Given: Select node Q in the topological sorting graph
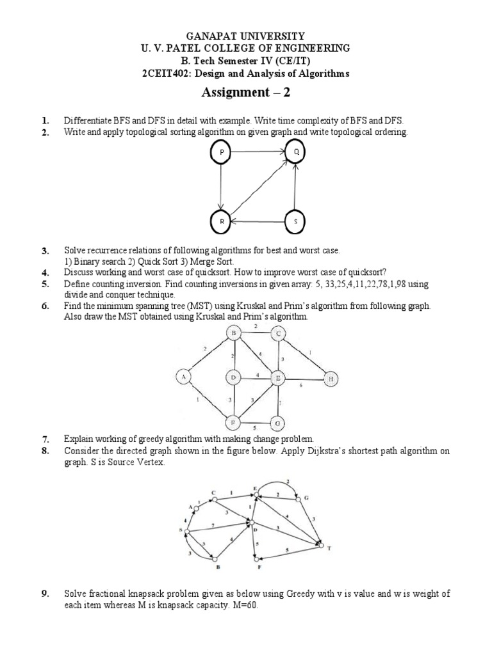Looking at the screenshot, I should click(x=296, y=153).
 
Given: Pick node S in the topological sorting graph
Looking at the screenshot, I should click(x=296, y=221).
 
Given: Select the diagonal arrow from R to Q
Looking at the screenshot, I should click(x=258, y=187).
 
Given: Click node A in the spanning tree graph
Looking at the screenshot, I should click(x=184, y=379).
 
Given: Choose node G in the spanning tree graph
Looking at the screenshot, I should click(x=277, y=423).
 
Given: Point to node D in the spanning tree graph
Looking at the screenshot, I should click(x=234, y=379).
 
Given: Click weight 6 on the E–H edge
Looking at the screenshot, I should click(x=302, y=385).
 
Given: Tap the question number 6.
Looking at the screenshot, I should click(x=45, y=306).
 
